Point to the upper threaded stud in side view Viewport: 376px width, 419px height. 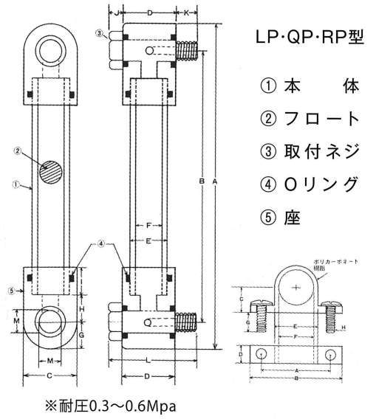tap(188, 51)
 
